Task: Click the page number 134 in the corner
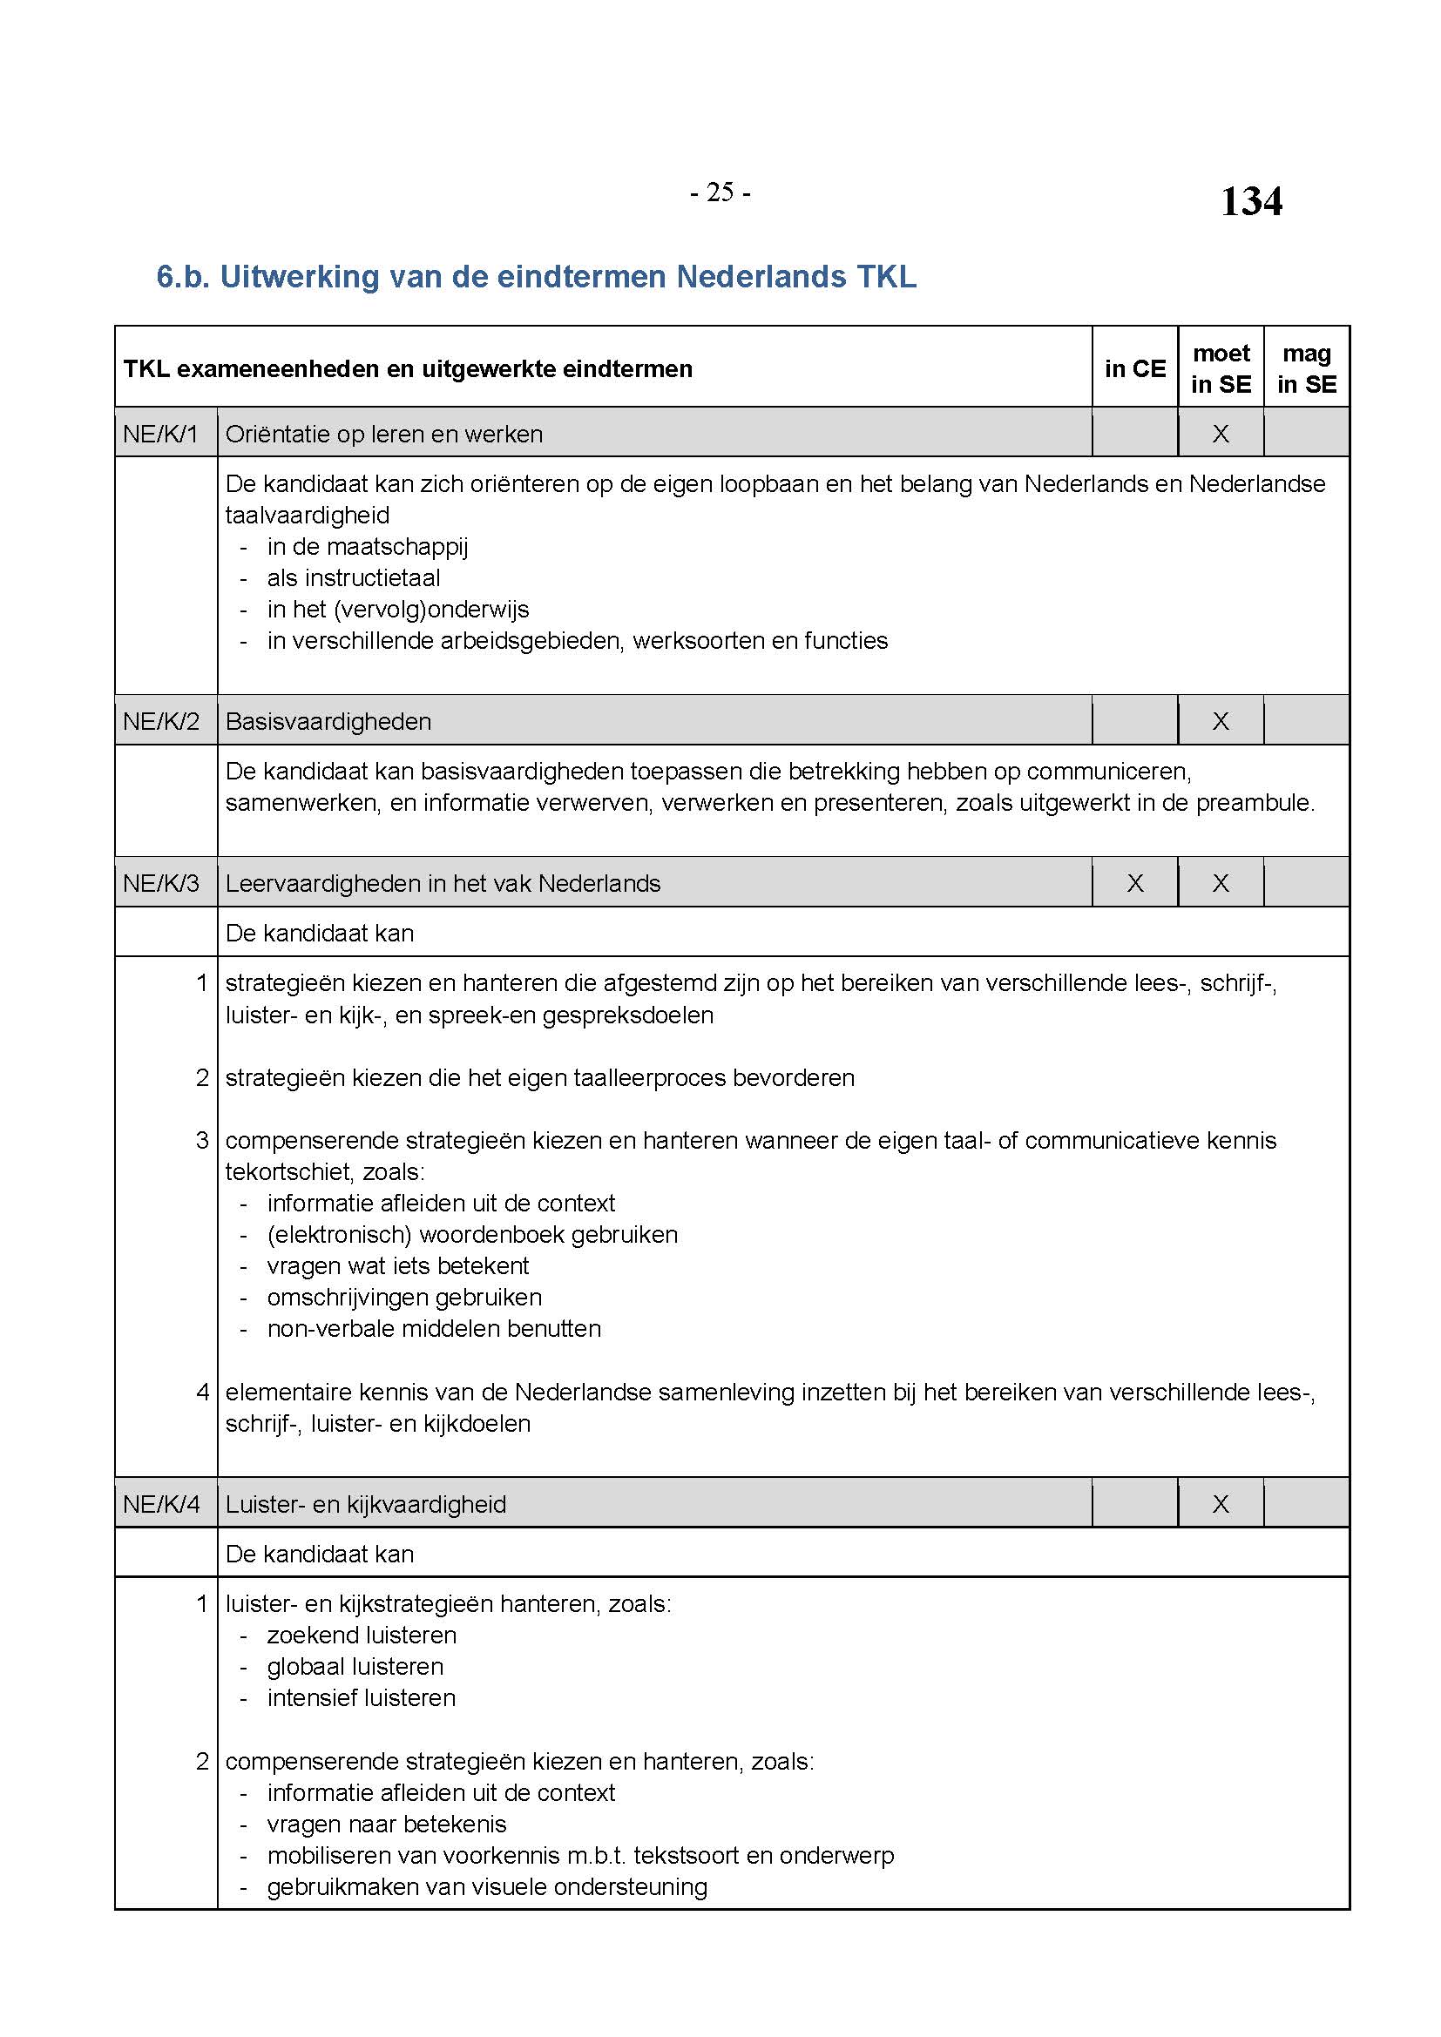tap(1250, 200)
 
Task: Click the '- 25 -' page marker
tap(720, 192)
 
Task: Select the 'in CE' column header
tap(1135, 368)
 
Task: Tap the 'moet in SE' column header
tap(1221, 368)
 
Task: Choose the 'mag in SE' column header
tap(1306, 368)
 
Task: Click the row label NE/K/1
tap(160, 434)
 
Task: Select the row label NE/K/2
tap(160, 721)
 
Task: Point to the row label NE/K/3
tap(160, 883)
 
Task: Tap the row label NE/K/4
tap(160, 1504)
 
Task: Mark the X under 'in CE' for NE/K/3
tap(1135, 883)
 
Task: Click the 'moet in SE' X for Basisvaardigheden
tap(1221, 721)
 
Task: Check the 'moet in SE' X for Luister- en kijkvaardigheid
tap(1221, 1504)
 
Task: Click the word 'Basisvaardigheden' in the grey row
tap(328, 721)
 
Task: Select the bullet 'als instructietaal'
tap(353, 577)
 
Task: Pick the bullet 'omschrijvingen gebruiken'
tap(403, 1297)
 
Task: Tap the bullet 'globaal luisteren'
tap(355, 1666)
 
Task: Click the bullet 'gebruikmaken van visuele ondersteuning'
tap(487, 1886)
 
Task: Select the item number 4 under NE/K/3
tap(202, 1392)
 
